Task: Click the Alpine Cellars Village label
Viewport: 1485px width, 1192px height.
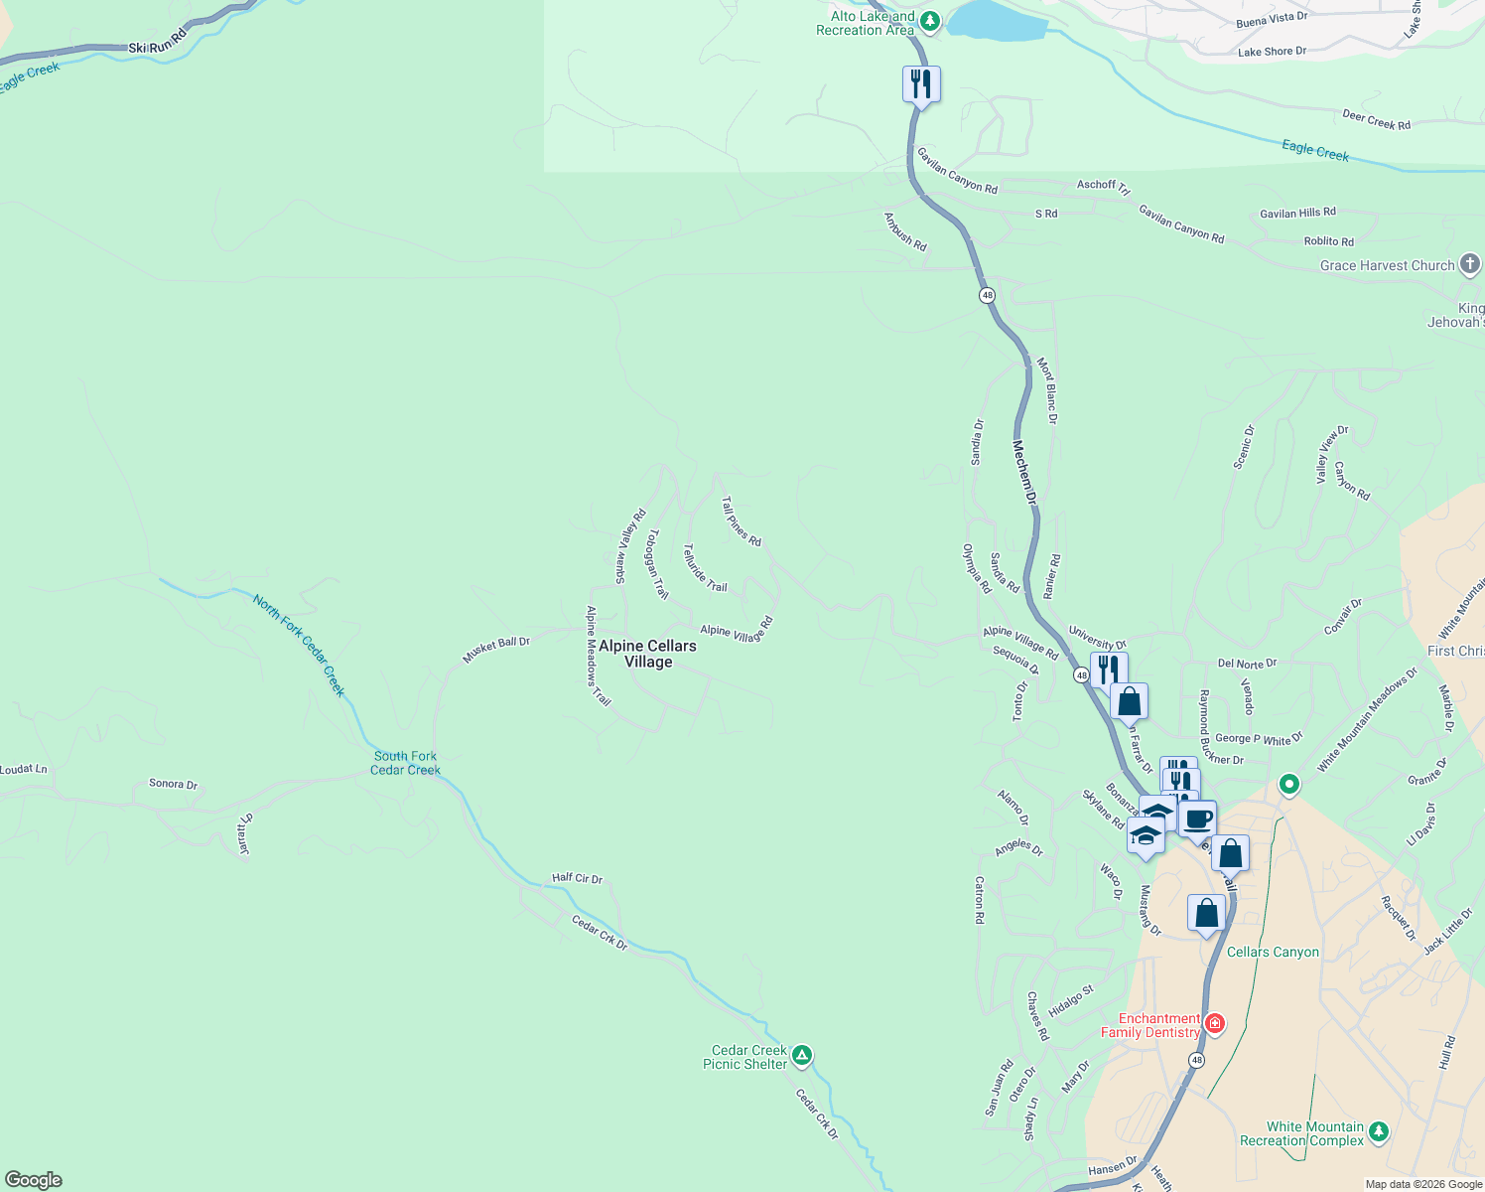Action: click(x=647, y=654)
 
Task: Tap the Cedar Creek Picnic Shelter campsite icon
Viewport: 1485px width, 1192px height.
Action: click(x=802, y=1055)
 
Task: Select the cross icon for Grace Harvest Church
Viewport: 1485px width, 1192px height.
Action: click(x=1470, y=264)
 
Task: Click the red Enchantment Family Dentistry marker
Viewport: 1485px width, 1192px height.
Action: click(x=1213, y=1023)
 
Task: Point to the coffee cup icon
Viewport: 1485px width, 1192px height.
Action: click(x=1198, y=819)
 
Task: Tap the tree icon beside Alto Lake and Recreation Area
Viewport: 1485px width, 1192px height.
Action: click(x=929, y=20)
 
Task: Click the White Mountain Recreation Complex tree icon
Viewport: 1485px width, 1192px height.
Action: click(x=1378, y=1131)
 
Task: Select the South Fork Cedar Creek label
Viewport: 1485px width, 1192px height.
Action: click(x=405, y=763)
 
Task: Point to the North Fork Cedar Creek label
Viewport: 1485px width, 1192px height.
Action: click(x=299, y=645)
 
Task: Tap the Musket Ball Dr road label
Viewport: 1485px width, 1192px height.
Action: click(x=496, y=650)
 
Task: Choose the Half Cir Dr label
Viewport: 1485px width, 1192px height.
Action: click(x=577, y=878)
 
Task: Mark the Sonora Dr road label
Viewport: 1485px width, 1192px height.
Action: click(x=173, y=784)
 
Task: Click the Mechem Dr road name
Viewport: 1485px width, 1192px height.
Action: click(x=1024, y=474)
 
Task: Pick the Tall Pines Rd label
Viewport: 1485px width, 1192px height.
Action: click(x=741, y=522)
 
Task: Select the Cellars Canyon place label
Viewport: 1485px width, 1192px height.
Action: click(x=1273, y=952)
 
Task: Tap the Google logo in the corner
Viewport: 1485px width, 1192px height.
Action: click(x=34, y=1179)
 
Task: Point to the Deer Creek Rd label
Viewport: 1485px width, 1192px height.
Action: click(x=1376, y=120)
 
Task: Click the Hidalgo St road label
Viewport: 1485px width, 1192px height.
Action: click(x=1071, y=1000)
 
